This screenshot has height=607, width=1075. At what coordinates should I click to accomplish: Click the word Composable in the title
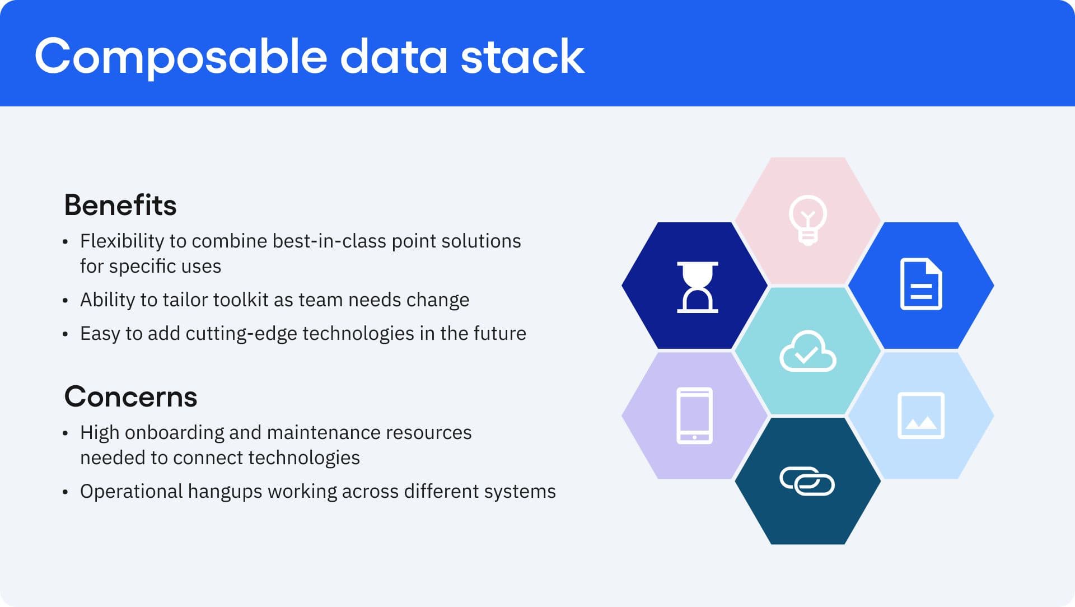coord(180,57)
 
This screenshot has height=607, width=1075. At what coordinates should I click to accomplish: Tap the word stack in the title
coord(522,56)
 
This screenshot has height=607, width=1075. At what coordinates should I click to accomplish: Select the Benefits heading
coord(120,205)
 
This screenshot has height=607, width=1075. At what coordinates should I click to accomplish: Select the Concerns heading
coord(130,396)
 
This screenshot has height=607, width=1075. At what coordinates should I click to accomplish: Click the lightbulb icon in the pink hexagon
coord(807,220)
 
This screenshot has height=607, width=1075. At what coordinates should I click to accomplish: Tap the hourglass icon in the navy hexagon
coord(697,287)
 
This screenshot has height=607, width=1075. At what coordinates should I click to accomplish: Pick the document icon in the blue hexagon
coord(920,284)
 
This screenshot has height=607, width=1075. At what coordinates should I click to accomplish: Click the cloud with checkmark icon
coord(807,352)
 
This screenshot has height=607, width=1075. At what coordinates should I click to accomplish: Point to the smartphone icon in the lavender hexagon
coord(694,415)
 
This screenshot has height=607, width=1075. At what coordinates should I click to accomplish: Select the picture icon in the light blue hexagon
coord(920,415)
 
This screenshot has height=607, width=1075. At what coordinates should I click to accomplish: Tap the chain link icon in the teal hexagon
coord(807,481)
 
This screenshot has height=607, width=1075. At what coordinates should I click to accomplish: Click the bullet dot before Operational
coord(66,492)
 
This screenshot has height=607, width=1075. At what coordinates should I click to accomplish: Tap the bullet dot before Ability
coord(66,301)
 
